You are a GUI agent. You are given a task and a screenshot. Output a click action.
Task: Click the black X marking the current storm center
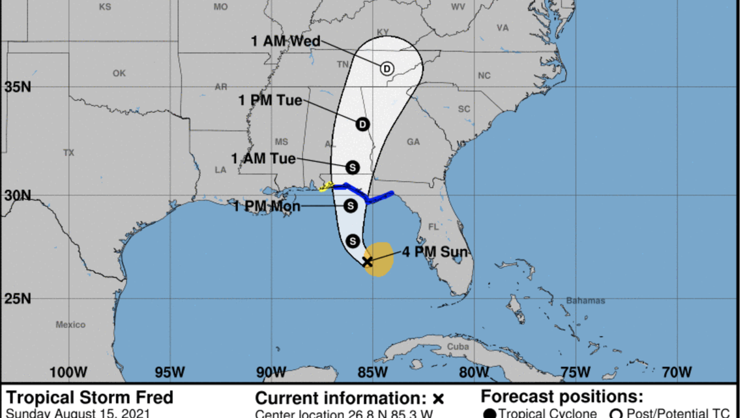coord(367,261)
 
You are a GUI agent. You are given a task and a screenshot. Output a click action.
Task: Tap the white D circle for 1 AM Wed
coord(386,68)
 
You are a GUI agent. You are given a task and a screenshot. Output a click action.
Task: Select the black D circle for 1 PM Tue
coord(362,123)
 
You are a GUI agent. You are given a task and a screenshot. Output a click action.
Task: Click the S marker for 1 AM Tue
coord(353,168)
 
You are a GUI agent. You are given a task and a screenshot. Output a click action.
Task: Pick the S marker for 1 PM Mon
coord(350,206)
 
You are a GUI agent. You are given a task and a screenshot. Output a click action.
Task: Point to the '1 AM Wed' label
coord(285,41)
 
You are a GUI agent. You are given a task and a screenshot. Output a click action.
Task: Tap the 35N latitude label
coord(16,87)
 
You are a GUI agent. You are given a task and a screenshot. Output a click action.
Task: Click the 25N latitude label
coord(16,299)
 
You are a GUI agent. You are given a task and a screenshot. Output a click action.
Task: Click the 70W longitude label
coord(676,372)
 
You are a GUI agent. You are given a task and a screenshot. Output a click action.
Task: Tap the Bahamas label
coord(586,301)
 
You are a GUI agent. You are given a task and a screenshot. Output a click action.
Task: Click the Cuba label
coord(459,347)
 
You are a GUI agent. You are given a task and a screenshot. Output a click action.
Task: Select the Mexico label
coord(70,325)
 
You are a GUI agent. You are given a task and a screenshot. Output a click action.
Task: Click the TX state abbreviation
coord(69,153)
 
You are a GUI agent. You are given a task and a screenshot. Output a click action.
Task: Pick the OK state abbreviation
coord(119,74)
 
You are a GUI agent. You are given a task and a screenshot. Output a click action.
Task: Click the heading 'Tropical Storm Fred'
coord(89,398)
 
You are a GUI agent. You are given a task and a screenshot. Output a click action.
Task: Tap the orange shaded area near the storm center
coord(382,258)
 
